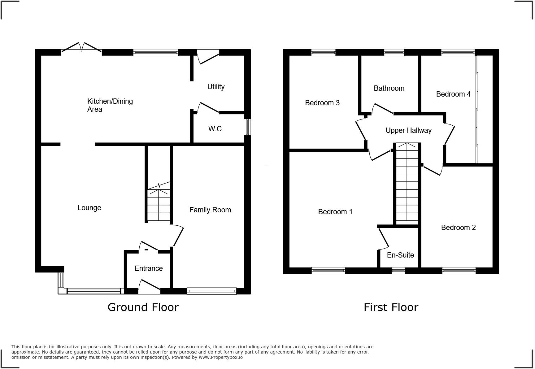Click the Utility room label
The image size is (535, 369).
click(x=216, y=87)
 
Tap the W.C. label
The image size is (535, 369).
click(x=216, y=129)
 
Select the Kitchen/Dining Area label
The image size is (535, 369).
click(x=110, y=105)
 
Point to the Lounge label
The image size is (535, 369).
click(x=89, y=208)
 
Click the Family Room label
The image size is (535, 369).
click(x=210, y=210)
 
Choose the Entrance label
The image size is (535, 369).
click(x=149, y=268)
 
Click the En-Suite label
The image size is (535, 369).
click(x=400, y=255)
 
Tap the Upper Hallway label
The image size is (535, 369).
click(x=408, y=130)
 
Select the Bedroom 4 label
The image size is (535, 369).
click(x=453, y=94)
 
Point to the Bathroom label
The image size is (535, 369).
click(x=389, y=88)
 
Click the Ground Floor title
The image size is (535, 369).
click(x=143, y=307)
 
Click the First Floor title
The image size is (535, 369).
click(x=391, y=307)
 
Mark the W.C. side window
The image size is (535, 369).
click(x=247, y=127)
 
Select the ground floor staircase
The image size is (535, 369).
click(x=159, y=204)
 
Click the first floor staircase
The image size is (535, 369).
click(x=407, y=183)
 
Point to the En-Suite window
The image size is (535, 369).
click(x=398, y=271)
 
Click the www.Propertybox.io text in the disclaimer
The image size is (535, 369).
click(x=220, y=357)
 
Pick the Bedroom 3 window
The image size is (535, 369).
click(x=323, y=53)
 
